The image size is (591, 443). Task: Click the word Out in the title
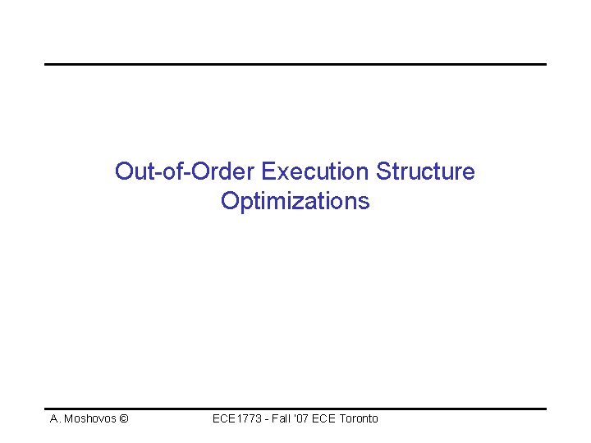tap(132, 171)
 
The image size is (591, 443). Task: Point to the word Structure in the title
tap(425, 171)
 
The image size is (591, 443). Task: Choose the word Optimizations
tap(295, 201)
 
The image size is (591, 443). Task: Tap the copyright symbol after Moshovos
tap(123, 418)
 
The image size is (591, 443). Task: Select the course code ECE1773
tap(236, 418)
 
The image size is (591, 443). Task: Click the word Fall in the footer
tap(282, 418)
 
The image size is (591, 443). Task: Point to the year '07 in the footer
tap(306, 418)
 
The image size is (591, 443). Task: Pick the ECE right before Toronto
tap(330, 418)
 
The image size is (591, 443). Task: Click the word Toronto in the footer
tap(361, 418)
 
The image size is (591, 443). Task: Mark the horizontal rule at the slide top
tap(295, 64)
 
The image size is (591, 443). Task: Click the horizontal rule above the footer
tap(295, 408)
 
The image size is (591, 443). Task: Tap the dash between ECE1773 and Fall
tap(266, 419)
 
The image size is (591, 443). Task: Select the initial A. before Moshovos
tap(55, 418)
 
